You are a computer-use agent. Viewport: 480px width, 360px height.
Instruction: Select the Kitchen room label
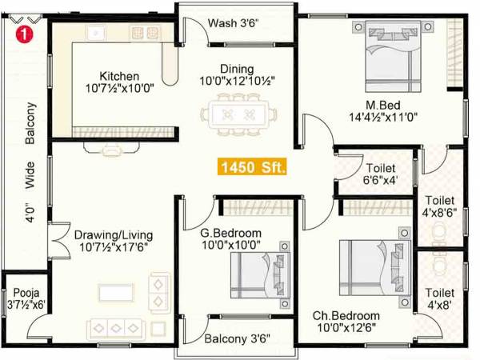[119, 75]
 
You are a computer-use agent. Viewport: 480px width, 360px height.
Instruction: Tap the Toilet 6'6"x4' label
[379, 175]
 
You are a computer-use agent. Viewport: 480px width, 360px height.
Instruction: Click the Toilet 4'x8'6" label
[439, 206]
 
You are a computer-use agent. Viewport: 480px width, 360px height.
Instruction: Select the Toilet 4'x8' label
[440, 299]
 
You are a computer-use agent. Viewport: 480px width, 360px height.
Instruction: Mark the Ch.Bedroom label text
[346, 315]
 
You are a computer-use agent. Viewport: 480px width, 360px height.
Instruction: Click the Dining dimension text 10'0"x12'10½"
[237, 82]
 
